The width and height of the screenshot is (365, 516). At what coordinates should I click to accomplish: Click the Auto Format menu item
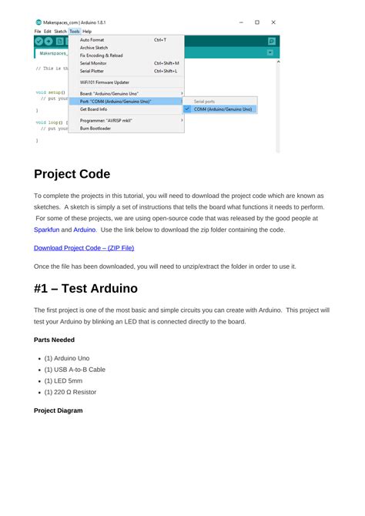(x=92, y=39)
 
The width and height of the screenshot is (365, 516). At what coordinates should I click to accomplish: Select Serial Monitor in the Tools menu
(x=93, y=63)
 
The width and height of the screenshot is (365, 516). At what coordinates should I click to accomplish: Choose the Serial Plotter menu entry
(x=92, y=71)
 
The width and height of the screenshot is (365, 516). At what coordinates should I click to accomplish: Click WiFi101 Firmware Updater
(x=105, y=82)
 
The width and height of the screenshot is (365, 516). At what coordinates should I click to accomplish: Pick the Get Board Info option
(x=94, y=109)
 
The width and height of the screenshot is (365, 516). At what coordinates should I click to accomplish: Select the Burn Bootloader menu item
(x=95, y=129)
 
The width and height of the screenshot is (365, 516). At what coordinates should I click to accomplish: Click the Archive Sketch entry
(x=94, y=47)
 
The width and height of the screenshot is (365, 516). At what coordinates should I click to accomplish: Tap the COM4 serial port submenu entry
(x=223, y=109)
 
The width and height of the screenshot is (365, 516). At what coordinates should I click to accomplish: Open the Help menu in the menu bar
(x=87, y=32)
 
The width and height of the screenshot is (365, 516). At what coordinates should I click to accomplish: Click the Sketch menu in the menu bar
(x=60, y=32)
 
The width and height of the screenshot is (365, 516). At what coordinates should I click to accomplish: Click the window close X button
(x=273, y=22)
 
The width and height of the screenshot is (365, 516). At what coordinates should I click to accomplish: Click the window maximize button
(x=257, y=22)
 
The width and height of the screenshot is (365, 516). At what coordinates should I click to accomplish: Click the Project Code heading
(x=72, y=174)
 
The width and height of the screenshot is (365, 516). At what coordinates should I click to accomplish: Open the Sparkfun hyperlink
(x=45, y=230)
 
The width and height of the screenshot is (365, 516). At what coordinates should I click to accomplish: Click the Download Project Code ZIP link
(x=84, y=248)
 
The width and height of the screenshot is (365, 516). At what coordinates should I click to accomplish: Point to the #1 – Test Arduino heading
(x=85, y=289)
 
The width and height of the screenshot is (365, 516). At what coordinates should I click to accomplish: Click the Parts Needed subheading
(x=54, y=340)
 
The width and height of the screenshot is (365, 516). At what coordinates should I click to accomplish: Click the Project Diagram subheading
(x=58, y=410)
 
